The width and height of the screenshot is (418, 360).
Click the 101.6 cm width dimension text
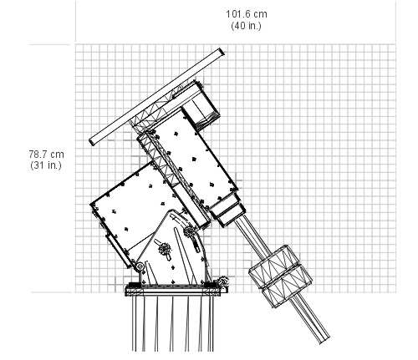(247, 14)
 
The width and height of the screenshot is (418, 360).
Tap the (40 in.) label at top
(247, 26)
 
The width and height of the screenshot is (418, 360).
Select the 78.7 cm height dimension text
(46, 154)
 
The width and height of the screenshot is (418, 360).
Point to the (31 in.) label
(46, 165)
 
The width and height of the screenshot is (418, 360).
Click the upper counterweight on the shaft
(274, 266)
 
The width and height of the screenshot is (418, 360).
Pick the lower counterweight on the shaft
(287, 286)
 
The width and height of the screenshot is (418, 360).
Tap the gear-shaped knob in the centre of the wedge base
(165, 249)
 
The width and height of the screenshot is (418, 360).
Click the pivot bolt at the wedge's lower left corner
(140, 266)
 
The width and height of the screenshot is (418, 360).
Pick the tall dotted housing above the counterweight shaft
(193, 161)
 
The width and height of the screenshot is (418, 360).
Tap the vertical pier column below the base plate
(173, 323)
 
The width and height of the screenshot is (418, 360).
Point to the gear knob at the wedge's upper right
(189, 231)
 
